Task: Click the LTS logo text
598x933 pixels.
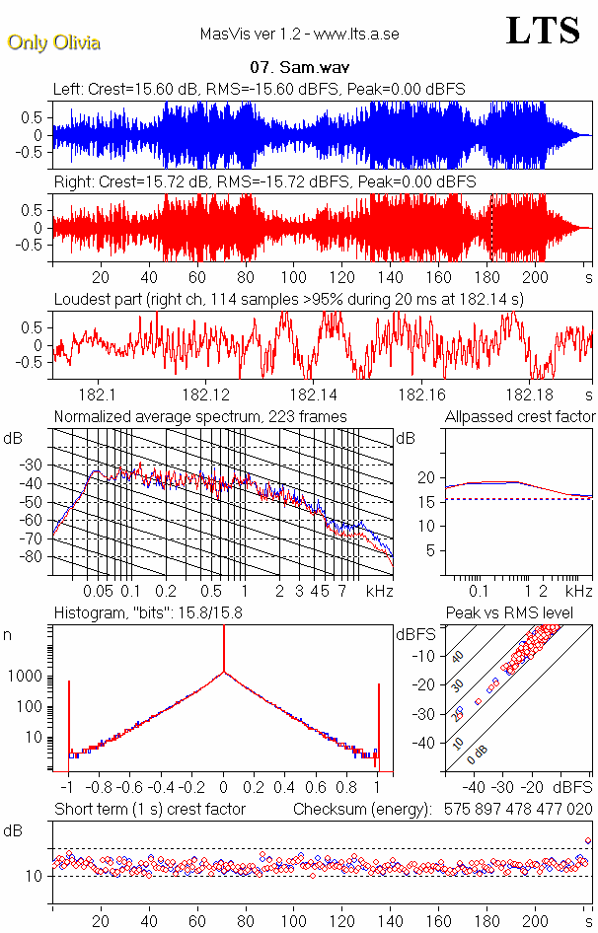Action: pos(542,31)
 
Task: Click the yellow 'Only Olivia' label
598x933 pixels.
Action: pos(54,42)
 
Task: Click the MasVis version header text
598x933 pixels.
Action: pos(299,35)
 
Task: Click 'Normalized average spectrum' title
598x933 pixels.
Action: pos(200,416)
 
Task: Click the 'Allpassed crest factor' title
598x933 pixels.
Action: pos(520,416)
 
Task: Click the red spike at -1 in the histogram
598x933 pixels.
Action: pos(68,720)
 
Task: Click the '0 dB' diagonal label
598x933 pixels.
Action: pos(477,752)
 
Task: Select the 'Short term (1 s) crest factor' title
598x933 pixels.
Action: pos(149,809)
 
